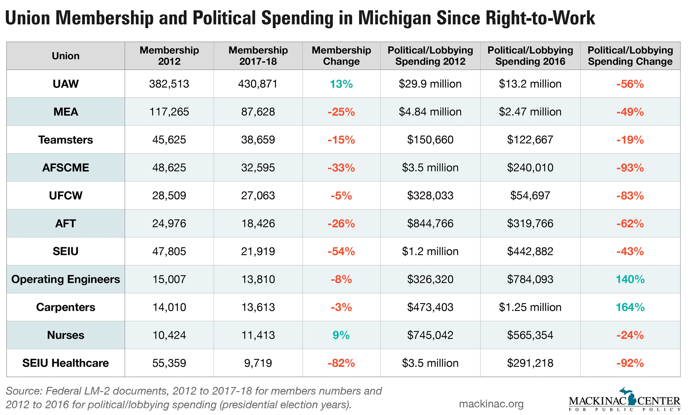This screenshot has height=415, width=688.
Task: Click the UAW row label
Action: pyautogui.click(x=66, y=84)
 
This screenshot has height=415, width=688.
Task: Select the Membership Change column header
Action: pyautogui.click(x=341, y=56)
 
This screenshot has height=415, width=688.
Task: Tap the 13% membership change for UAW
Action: pyautogui.click(x=341, y=84)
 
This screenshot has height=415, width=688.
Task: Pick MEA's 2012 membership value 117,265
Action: pyautogui.click(x=169, y=112)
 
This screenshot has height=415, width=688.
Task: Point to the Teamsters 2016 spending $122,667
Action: pyautogui.click(x=530, y=140)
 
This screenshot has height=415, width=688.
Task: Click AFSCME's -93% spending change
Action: pyautogui.click(x=630, y=167)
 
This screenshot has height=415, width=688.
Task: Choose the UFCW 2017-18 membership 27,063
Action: pyautogui.click(x=258, y=196)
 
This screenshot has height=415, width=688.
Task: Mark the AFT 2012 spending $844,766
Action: pyautogui.click(x=430, y=223)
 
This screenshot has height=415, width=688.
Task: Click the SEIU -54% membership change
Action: pyautogui.click(x=341, y=252)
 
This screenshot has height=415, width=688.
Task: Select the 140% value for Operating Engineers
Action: pyautogui.click(x=630, y=279)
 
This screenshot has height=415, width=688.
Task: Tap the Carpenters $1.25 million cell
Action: pyautogui.click(x=530, y=307)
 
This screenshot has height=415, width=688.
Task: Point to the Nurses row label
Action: pyautogui.click(x=66, y=335)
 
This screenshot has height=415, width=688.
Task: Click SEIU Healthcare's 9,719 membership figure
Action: pyautogui.click(x=258, y=363)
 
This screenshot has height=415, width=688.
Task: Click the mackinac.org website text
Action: pyautogui.click(x=491, y=404)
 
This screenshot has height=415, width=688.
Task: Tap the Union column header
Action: pyautogui.click(x=66, y=56)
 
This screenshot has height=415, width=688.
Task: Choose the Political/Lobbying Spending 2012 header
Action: pyautogui.click(x=430, y=56)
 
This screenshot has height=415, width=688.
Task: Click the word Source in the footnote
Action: pyautogui.click(x=24, y=391)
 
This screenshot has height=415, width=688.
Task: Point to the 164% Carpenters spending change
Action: pyautogui.click(x=630, y=307)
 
